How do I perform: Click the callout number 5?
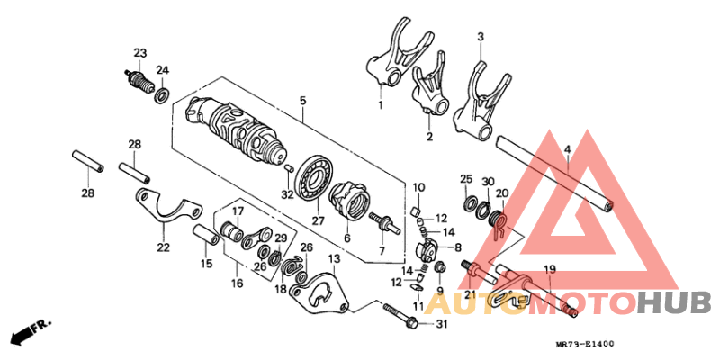pos(303,100)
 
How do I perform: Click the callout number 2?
pos(429,137)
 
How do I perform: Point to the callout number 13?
pos(333,259)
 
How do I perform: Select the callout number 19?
pos(549,269)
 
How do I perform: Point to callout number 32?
pos(287,194)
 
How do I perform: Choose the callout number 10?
pos(418,187)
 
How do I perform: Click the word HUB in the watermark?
pos(673,302)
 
